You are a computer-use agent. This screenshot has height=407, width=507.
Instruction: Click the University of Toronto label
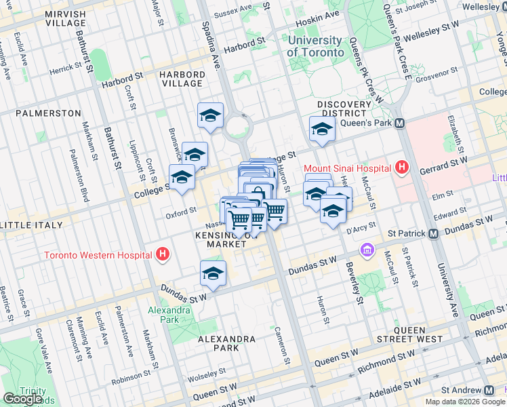(316, 46)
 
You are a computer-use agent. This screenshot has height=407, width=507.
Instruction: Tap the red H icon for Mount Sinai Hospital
(402, 167)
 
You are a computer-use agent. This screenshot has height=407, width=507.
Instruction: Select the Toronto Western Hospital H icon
(162, 255)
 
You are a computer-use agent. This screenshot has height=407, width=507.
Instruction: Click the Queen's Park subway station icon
(400, 123)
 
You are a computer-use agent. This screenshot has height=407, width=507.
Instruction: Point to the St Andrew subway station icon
(489, 390)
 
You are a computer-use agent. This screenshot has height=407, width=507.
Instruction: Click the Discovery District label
(344, 109)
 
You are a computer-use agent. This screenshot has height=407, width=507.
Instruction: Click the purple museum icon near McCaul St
(368, 250)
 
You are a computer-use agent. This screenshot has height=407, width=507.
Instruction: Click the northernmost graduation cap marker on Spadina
(210, 116)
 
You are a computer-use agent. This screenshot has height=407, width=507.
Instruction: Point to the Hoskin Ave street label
(323, 15)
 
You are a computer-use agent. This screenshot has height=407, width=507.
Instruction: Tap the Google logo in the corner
(22, 398)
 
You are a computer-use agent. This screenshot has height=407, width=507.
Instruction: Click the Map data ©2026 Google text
(465, 402)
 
